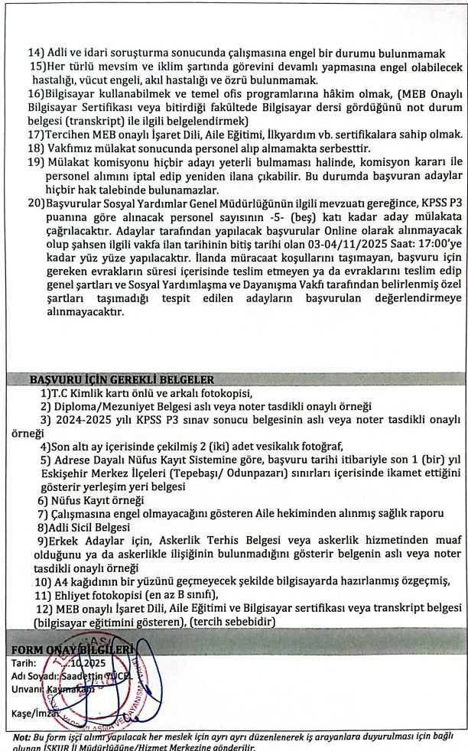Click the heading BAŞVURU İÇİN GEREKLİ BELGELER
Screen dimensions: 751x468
pyautogui.click(x=122, y=379)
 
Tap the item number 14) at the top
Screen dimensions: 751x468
pyautogui.click(x=37, y=53)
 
